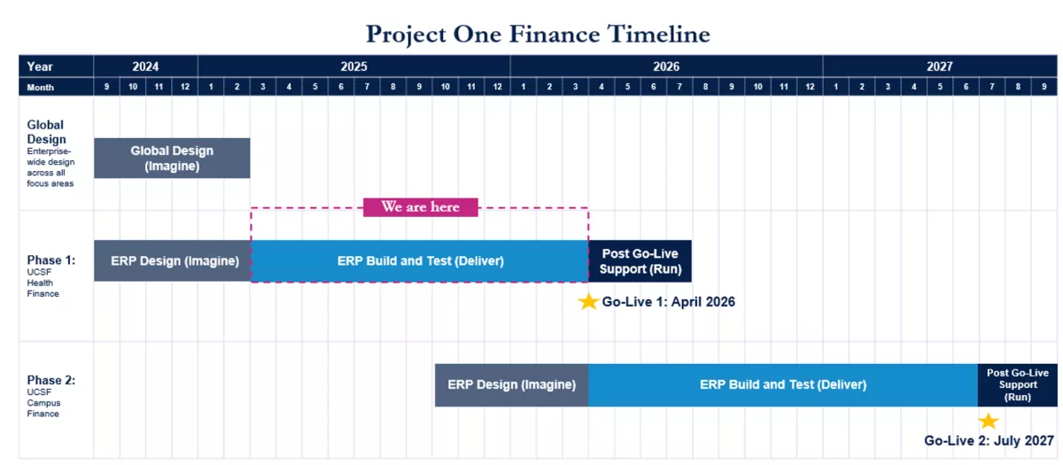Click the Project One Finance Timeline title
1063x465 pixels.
[538, 35]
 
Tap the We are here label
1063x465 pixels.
[421, 207]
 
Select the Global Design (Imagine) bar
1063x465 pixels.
[172, 158]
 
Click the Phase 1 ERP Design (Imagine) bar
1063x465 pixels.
[172, 260]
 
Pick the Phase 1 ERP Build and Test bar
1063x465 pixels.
[420, 260]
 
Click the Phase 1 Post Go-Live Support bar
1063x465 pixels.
[640, 261]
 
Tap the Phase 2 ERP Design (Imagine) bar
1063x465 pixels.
[512, 384]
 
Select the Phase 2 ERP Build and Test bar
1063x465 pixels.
[783, 384]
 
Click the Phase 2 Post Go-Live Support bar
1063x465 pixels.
[1018, 384]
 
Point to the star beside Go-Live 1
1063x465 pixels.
[588, 302]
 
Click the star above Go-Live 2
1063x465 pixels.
[989, 421]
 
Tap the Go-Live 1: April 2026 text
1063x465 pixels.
[668, 302]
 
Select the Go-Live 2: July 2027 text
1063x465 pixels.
[989, 441]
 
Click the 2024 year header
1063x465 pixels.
[145, 66]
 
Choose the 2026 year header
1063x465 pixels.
[666, 66]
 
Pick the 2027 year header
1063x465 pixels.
[940, 66]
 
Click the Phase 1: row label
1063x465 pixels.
[50, 260]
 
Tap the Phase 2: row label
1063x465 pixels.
[50, 380]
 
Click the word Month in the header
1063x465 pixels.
[41, 88]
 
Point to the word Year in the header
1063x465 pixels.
[39, 66]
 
